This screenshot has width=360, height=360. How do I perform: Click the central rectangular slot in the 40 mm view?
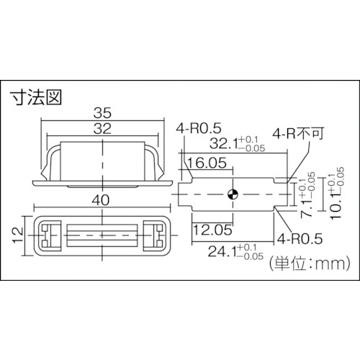100,234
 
